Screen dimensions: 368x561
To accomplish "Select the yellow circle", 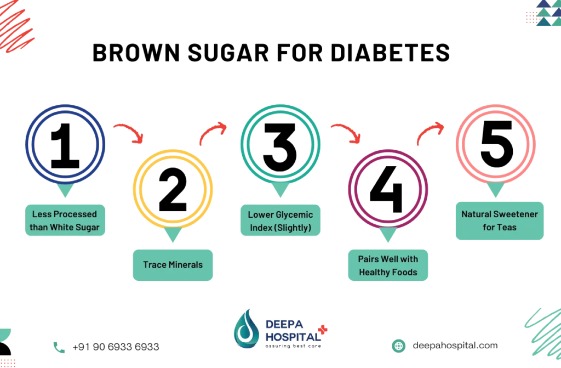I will [173, 188].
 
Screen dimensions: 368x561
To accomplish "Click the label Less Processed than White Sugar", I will [64, 220].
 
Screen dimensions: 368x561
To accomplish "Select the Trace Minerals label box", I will [173, 265].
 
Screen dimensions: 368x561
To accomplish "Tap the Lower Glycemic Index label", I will [280, 220].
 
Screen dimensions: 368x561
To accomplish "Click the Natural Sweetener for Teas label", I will [499, 220].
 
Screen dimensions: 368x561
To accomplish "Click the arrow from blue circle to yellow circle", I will [128, 132].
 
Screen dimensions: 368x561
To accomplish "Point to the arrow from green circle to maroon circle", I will [345, 132].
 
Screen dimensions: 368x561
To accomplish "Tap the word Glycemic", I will [297, 214].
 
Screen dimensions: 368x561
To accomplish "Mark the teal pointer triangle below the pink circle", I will [495, 190].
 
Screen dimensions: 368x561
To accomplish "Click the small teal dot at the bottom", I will [399, 346].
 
